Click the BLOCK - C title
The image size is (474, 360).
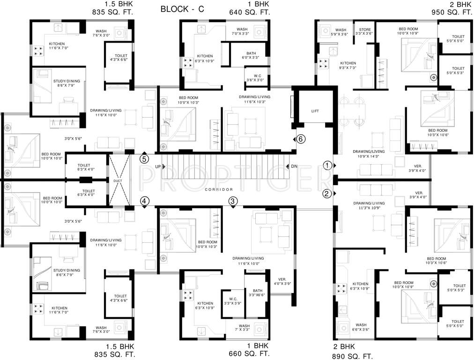(185, 9)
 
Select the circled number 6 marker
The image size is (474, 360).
(301, 139)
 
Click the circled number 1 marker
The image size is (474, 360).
(327, 165)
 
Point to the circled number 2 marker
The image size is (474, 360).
(327, 193)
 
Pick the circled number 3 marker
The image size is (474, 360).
(233, 201)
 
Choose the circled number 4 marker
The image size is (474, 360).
(144, 201)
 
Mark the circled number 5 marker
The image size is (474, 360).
(144, 158)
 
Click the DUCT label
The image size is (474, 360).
(117, 180)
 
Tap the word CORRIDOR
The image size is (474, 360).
(219, 189)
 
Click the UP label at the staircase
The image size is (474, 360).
(158, 167)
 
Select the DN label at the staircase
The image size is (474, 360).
(294, 167)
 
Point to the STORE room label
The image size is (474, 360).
(364, 31)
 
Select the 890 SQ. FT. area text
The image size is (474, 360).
(353, 356)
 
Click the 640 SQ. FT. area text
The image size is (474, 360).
(249, 13)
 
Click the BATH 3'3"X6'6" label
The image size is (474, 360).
(257, 293)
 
